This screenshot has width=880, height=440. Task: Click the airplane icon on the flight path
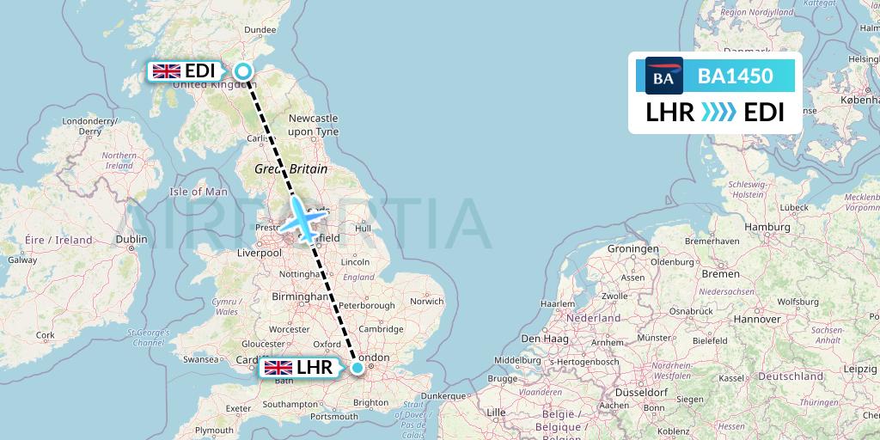(302, 220)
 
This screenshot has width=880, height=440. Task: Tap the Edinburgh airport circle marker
(244, 72)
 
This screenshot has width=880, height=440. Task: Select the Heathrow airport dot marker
(357, 368)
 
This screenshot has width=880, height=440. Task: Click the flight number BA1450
(735, 76)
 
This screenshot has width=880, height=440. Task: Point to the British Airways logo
(663, 76)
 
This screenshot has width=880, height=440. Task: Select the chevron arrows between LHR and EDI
(718, 112)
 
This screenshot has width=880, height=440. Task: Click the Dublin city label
(131, 240)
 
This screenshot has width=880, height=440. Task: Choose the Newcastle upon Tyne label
(313, 124)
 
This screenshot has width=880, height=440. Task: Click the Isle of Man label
(199, 192)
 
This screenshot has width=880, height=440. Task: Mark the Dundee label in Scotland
(260, 29)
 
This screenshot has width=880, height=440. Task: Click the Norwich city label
(427, 302)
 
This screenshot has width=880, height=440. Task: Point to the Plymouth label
(214, 430)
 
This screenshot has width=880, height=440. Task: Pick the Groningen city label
(632, 249)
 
